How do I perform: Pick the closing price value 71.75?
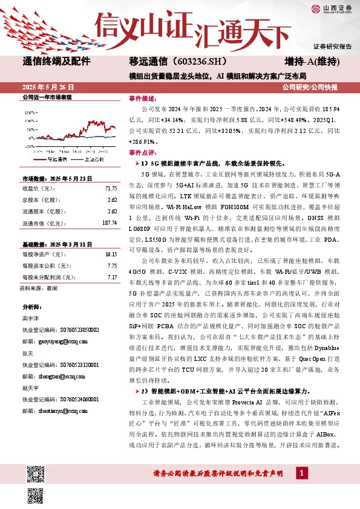click(110, 189)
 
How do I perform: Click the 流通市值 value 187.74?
click(109, 223)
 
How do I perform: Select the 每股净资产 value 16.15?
click(110, 255)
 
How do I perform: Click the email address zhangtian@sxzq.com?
click(57, 375)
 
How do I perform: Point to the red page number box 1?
click(301, 472)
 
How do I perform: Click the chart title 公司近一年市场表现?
click(47, 97)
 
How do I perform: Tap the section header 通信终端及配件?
click(56, 61)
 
